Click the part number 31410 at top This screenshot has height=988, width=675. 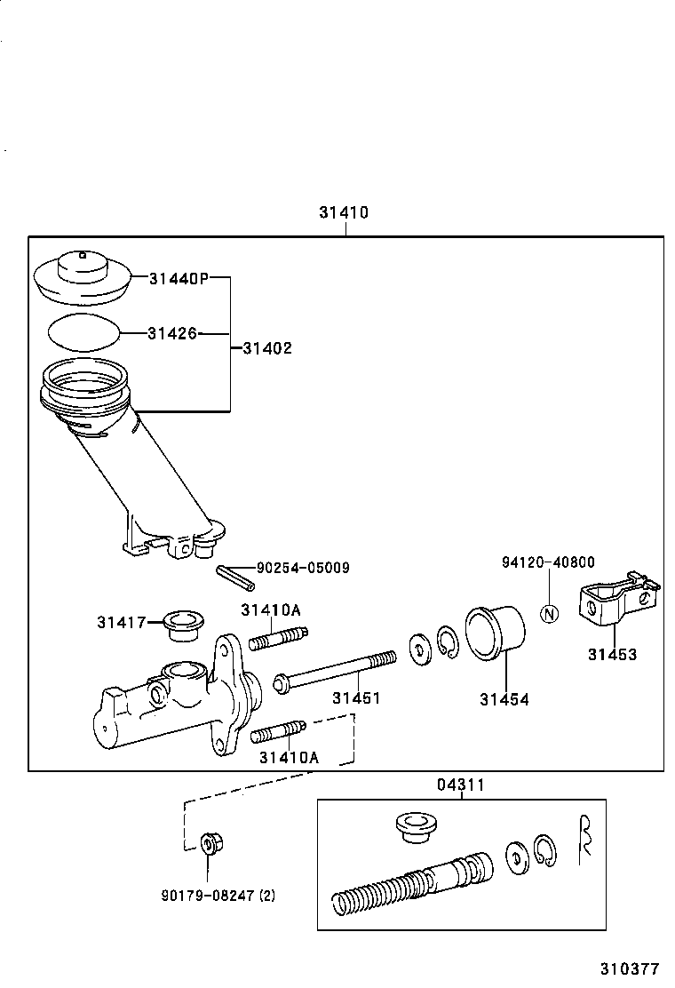point(344,213)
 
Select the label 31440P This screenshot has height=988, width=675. point(178,278)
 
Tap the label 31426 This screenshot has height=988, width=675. point(171,333)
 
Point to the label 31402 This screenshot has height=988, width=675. point(266,348)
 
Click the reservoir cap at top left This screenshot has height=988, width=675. point(82,275)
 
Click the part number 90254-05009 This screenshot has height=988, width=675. point(303,567)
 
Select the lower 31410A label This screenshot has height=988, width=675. point(288,757)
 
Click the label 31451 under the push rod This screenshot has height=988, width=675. point(356,698)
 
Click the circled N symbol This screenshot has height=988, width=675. point(550,614)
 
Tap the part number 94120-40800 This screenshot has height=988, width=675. point(548,562)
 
